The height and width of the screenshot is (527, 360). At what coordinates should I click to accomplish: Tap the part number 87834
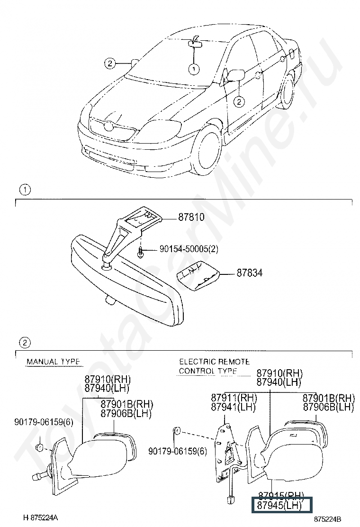pyautogui.click(x=250, y=273)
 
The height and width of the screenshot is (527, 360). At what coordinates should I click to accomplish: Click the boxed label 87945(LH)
pyautogui.click(x=279, y=506)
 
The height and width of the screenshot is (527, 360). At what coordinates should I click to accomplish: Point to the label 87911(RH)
pyautogui.click(x=234, y=398)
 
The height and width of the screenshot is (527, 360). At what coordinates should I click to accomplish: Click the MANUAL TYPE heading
pyautogui.click(x=53, y=362)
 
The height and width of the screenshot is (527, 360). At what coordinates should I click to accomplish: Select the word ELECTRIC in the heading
pyautogui.click(x=196, y=362)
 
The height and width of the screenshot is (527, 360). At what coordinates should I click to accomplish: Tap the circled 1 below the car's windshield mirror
pyautogui.click(x=194, y=69)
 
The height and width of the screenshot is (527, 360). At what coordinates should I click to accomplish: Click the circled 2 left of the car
pyautogui.click(x=109, y=63)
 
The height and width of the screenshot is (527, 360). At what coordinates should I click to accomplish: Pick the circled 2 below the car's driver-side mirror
pyautogui.click(x=239, y=100)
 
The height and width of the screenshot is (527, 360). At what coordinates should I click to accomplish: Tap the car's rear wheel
pyautogui.click(x=286, y=94)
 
